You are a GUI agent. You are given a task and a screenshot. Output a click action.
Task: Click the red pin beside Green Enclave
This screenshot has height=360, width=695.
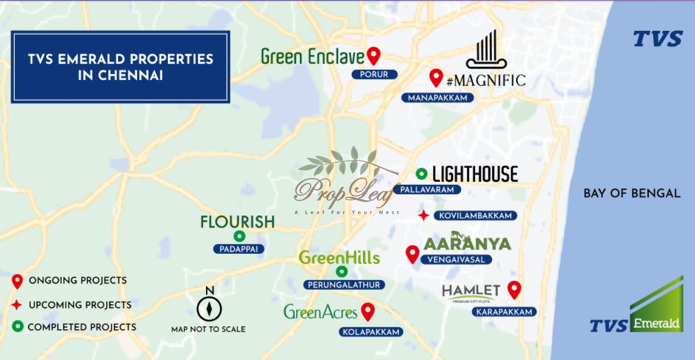click(374, 56)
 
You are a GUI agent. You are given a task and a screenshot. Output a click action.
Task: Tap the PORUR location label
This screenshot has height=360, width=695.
click(375, 74)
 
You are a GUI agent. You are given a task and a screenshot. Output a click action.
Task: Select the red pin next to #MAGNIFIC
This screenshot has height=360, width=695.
click(436, 77)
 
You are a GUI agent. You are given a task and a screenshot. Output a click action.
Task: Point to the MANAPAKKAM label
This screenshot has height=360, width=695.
click(437, 98)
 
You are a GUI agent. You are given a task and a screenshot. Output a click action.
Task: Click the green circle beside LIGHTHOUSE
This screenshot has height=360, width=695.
click(421, 173)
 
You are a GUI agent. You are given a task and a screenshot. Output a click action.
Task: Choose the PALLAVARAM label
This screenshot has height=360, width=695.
click(427, 190)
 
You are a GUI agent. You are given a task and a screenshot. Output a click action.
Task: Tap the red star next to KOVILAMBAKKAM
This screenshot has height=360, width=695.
click(423, 216)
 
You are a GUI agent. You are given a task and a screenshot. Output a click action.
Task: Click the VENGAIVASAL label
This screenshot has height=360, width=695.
click(456, 259)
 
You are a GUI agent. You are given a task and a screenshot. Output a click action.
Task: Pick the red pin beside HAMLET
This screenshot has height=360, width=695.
click(514, 289)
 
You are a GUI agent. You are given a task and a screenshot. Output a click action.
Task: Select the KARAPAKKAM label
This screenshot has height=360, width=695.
click(504, 312)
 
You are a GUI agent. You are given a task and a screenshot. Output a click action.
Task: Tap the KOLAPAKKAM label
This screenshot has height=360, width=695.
click(371, 332)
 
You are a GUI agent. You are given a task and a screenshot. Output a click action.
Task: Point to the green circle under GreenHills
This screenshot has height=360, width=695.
click(342, 272)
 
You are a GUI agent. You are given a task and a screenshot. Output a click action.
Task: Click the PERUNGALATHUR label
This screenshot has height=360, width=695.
click(344, 285)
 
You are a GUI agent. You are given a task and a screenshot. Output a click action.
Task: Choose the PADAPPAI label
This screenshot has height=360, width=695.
click(239, 249)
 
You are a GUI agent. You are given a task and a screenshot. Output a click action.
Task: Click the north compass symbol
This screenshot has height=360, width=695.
click(209, 308)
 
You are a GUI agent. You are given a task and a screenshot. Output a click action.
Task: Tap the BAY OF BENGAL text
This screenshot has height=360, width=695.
click(631, 193)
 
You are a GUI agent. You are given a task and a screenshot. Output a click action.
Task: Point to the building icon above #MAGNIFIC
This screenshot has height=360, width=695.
click(486, 50)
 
